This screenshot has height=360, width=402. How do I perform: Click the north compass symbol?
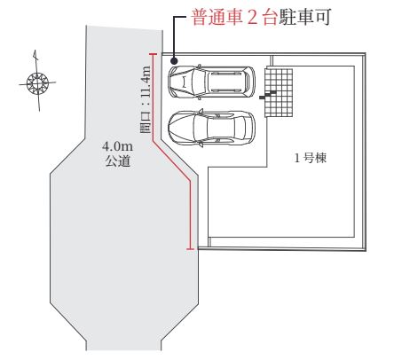(x=37, y=82)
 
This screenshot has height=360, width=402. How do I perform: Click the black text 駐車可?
(x=304, y=17)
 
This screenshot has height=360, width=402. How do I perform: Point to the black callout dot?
(x=174, y=61)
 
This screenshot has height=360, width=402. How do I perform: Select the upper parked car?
(x=211, y=82)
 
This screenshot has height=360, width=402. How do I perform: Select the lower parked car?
(x=211, y=128)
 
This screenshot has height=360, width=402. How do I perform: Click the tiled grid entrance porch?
(x=279, y=93)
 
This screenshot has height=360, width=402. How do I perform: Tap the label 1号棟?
(x=311, y=158)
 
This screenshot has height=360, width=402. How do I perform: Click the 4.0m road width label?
(x=117, y=146)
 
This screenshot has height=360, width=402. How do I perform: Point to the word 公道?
(x=118, y=161)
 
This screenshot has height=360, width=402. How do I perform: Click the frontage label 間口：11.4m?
(x=146, y=99)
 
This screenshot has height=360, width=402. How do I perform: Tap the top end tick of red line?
(x=153, y=54)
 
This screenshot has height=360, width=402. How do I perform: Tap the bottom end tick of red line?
(x=191, y=250)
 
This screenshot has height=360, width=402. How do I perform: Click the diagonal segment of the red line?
(x=171, y=161)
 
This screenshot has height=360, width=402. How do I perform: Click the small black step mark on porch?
(x=268, y=95)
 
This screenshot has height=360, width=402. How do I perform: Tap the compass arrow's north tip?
(x=35, y=51)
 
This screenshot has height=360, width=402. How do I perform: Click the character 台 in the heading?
(x=270, y=18)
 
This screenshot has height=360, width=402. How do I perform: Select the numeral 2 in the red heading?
(x=252, y=18)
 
